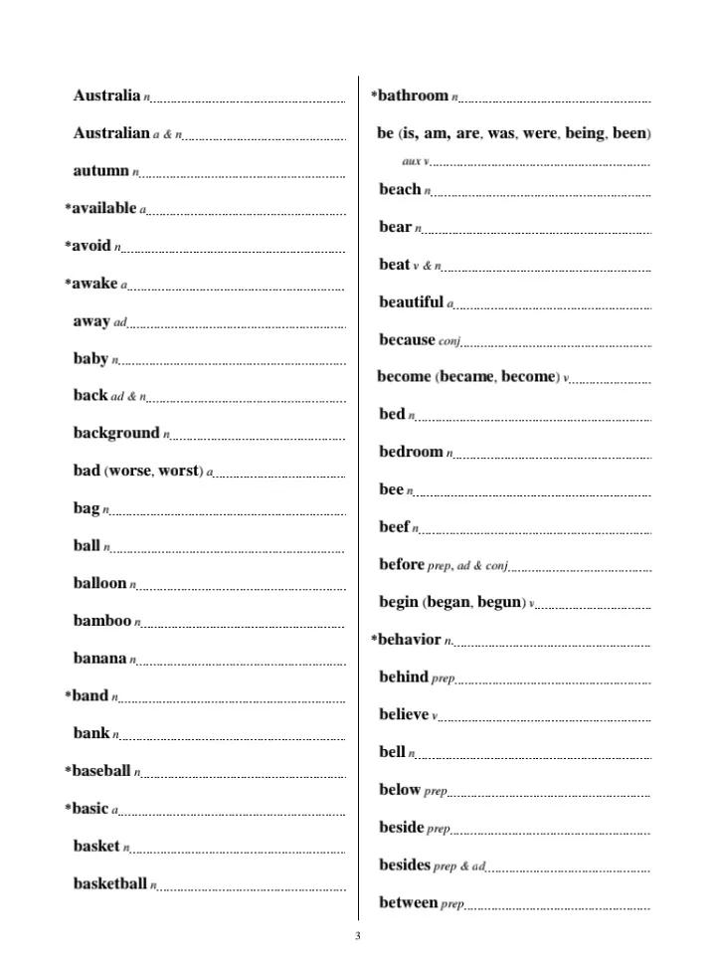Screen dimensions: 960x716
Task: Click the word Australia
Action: [106, 96]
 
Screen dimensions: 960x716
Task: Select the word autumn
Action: [100, 170]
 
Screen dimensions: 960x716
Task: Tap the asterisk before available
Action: [68, 209]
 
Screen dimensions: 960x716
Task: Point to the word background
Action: [115, 433]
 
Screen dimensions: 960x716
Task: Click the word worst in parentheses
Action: [179, 471]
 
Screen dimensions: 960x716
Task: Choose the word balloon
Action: [99, 583]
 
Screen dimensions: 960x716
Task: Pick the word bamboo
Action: [101, 621]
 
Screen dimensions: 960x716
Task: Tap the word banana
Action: [99, 658]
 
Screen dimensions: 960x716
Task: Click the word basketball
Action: [109, 883]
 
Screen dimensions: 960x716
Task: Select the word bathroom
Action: [413, 96]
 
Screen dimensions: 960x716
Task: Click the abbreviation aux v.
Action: [416, 161]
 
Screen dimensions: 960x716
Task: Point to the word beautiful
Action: [411, 301]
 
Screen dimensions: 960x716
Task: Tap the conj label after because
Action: [449, 341]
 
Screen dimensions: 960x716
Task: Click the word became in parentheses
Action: [465, 376]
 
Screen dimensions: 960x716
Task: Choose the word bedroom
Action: [411, 452]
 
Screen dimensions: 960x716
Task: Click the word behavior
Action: [409, 640]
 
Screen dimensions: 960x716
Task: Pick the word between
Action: [408, 902]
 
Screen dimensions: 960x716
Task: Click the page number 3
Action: [358, 936]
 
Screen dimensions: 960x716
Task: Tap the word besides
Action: [405, 864]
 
